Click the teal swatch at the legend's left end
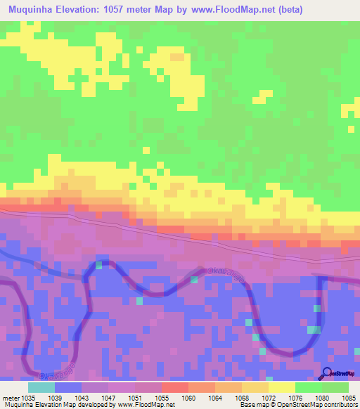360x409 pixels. point(41,387)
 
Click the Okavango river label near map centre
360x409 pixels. point(225,275)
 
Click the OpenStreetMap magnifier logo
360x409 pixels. point(327,374)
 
